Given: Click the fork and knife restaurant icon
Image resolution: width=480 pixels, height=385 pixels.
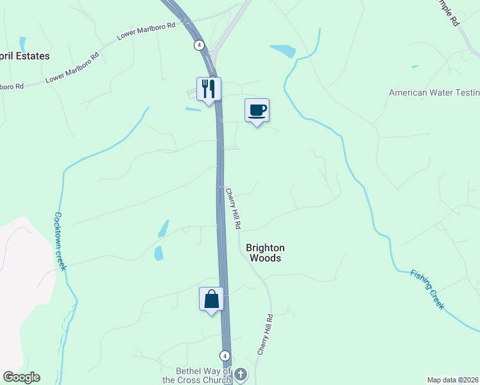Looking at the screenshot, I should pos(209,89).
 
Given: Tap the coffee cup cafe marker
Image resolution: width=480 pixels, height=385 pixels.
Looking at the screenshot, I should pos(257,110).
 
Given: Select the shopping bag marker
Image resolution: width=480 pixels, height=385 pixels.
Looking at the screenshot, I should pos(212,299).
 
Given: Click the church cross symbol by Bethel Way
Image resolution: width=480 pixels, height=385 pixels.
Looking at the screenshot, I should pos(241,374).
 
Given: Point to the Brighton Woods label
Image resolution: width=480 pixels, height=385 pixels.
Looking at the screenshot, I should pos(264,253).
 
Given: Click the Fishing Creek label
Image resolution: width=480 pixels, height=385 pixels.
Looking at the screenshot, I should pos(427,290).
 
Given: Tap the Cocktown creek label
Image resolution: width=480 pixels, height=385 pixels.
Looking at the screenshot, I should pos(60,241).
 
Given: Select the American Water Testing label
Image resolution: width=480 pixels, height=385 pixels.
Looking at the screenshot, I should pos(434,93).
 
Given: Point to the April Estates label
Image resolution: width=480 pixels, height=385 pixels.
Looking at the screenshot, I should pos(24,56).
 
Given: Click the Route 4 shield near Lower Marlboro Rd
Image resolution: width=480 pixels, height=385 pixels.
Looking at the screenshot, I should pos(200,45).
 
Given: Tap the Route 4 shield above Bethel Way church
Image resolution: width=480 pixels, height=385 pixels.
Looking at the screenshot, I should pos(225,355).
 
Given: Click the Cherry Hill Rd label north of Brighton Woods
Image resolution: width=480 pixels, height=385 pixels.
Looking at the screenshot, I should pos(233,209).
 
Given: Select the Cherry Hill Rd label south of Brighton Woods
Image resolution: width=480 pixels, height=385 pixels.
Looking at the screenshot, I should pos(266,335).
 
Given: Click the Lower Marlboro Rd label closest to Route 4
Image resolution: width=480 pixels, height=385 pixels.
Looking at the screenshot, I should pos(146,32).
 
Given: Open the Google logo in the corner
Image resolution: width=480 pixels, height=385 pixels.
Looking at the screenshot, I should pos(21,377).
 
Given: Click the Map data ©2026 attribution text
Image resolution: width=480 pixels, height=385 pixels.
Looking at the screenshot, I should pos(452,380).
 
